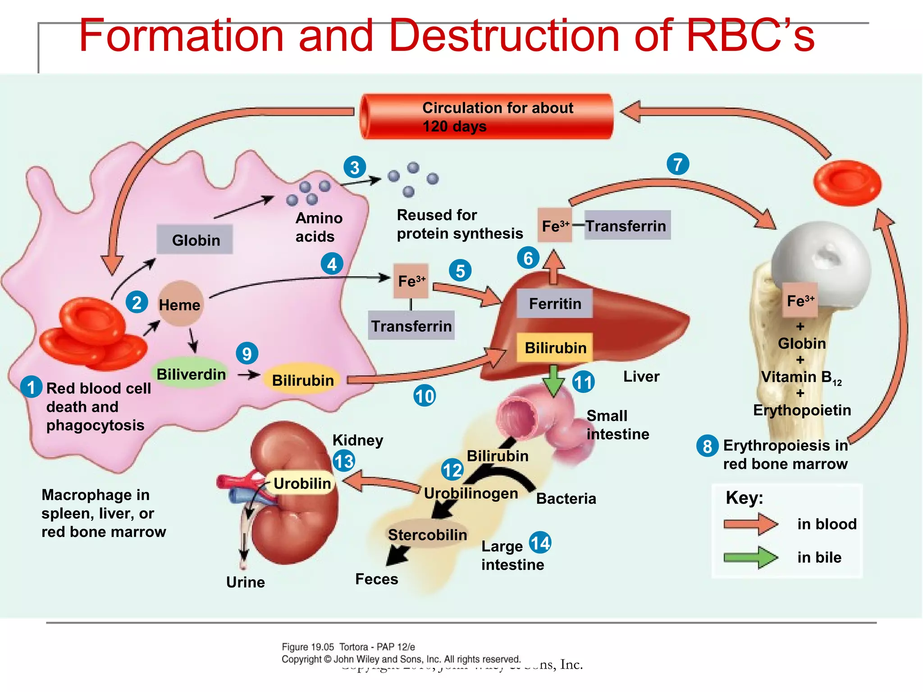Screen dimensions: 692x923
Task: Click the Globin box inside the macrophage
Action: [195, 240]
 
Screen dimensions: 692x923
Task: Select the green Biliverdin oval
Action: [191, 374]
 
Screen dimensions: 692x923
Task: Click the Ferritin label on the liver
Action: [554, 304]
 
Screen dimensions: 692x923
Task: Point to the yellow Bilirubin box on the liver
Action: [555, 348]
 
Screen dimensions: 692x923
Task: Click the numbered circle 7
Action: [677, 164]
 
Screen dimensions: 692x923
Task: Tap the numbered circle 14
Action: [540, 542]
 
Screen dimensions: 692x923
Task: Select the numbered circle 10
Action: [424, 396]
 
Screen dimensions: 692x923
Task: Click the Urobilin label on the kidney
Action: [302, 483]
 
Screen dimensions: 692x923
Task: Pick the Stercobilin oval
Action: [427, 535]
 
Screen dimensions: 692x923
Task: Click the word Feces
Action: [376, 579]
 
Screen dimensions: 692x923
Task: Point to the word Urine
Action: [245, 582]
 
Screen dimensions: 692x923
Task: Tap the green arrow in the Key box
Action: [750, 557]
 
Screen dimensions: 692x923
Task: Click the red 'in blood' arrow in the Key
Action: [750, 524]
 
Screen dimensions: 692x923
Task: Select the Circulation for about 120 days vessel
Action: [487, 117]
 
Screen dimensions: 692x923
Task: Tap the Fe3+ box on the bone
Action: [800, 300]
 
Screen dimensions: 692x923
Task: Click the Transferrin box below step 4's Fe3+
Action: [411, 326]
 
